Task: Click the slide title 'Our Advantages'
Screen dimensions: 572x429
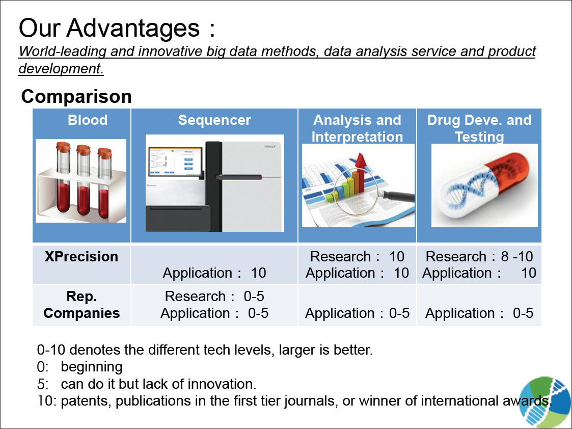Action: [x=109, y=29]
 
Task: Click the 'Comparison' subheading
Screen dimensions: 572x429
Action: [x=76, y=97]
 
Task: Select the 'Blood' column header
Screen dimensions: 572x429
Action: [x=88, y=120]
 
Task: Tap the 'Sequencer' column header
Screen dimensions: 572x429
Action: [x=214, y=120]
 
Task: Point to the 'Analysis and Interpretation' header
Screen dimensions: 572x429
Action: [x=357, y=128]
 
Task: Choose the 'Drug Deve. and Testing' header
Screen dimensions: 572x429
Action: [x=479, y=128]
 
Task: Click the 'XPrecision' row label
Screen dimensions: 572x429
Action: [x=81, y=256]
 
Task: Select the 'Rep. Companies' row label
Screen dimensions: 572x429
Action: [x=81, y=305]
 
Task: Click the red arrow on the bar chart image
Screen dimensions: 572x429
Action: [x=361, y=172]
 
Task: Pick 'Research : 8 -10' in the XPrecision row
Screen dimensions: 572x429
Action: [x=479, y=256]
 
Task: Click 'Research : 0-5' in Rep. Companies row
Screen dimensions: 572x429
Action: [x=214, y=296]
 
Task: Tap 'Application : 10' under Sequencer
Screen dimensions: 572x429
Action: [x=214, y=273]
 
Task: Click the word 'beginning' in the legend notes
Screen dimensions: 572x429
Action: [x=92, y=367]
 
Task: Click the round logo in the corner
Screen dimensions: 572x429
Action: [x=546, y=402]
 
